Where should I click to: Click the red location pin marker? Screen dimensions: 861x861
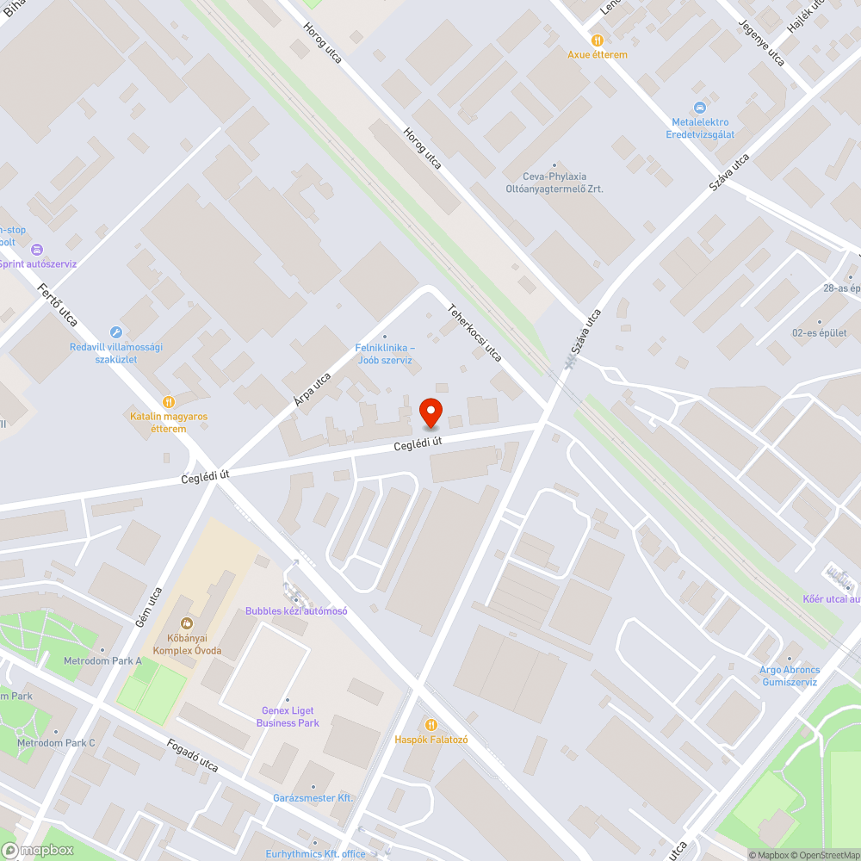pos(430,412)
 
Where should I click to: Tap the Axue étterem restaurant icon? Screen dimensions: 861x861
pos(598,40)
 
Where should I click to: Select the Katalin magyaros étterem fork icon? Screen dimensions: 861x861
pos(169,401)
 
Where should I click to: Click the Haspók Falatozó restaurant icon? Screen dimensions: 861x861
pos(430,724)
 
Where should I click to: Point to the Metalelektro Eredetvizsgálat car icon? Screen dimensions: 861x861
pos(700,107)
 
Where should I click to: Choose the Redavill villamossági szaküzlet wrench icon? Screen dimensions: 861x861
pos(116,332)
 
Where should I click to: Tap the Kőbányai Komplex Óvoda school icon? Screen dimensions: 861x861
pos(187,623)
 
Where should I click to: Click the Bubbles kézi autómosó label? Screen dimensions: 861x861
pos(296,610)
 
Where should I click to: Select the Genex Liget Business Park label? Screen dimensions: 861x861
pos(288,717)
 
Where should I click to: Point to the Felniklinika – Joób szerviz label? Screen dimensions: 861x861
pos(385,354)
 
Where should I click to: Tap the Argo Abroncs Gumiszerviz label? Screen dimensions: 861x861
pos(790,675)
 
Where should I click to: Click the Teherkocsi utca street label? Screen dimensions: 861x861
pos(474,332)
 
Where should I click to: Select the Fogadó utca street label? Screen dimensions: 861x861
pos(193,753)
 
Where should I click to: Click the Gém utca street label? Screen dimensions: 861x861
pos(149,608)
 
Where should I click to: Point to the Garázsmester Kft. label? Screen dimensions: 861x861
pos(313,798)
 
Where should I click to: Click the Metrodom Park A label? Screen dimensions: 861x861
pos(102,660)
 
